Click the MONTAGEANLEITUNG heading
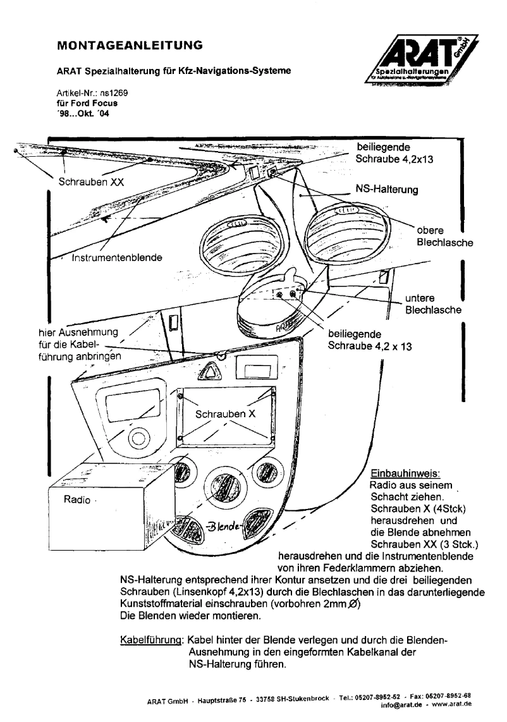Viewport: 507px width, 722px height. tap(130, 46)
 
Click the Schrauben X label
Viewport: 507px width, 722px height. tap(225, 415)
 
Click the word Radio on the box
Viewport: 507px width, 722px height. tap(76, 499)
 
